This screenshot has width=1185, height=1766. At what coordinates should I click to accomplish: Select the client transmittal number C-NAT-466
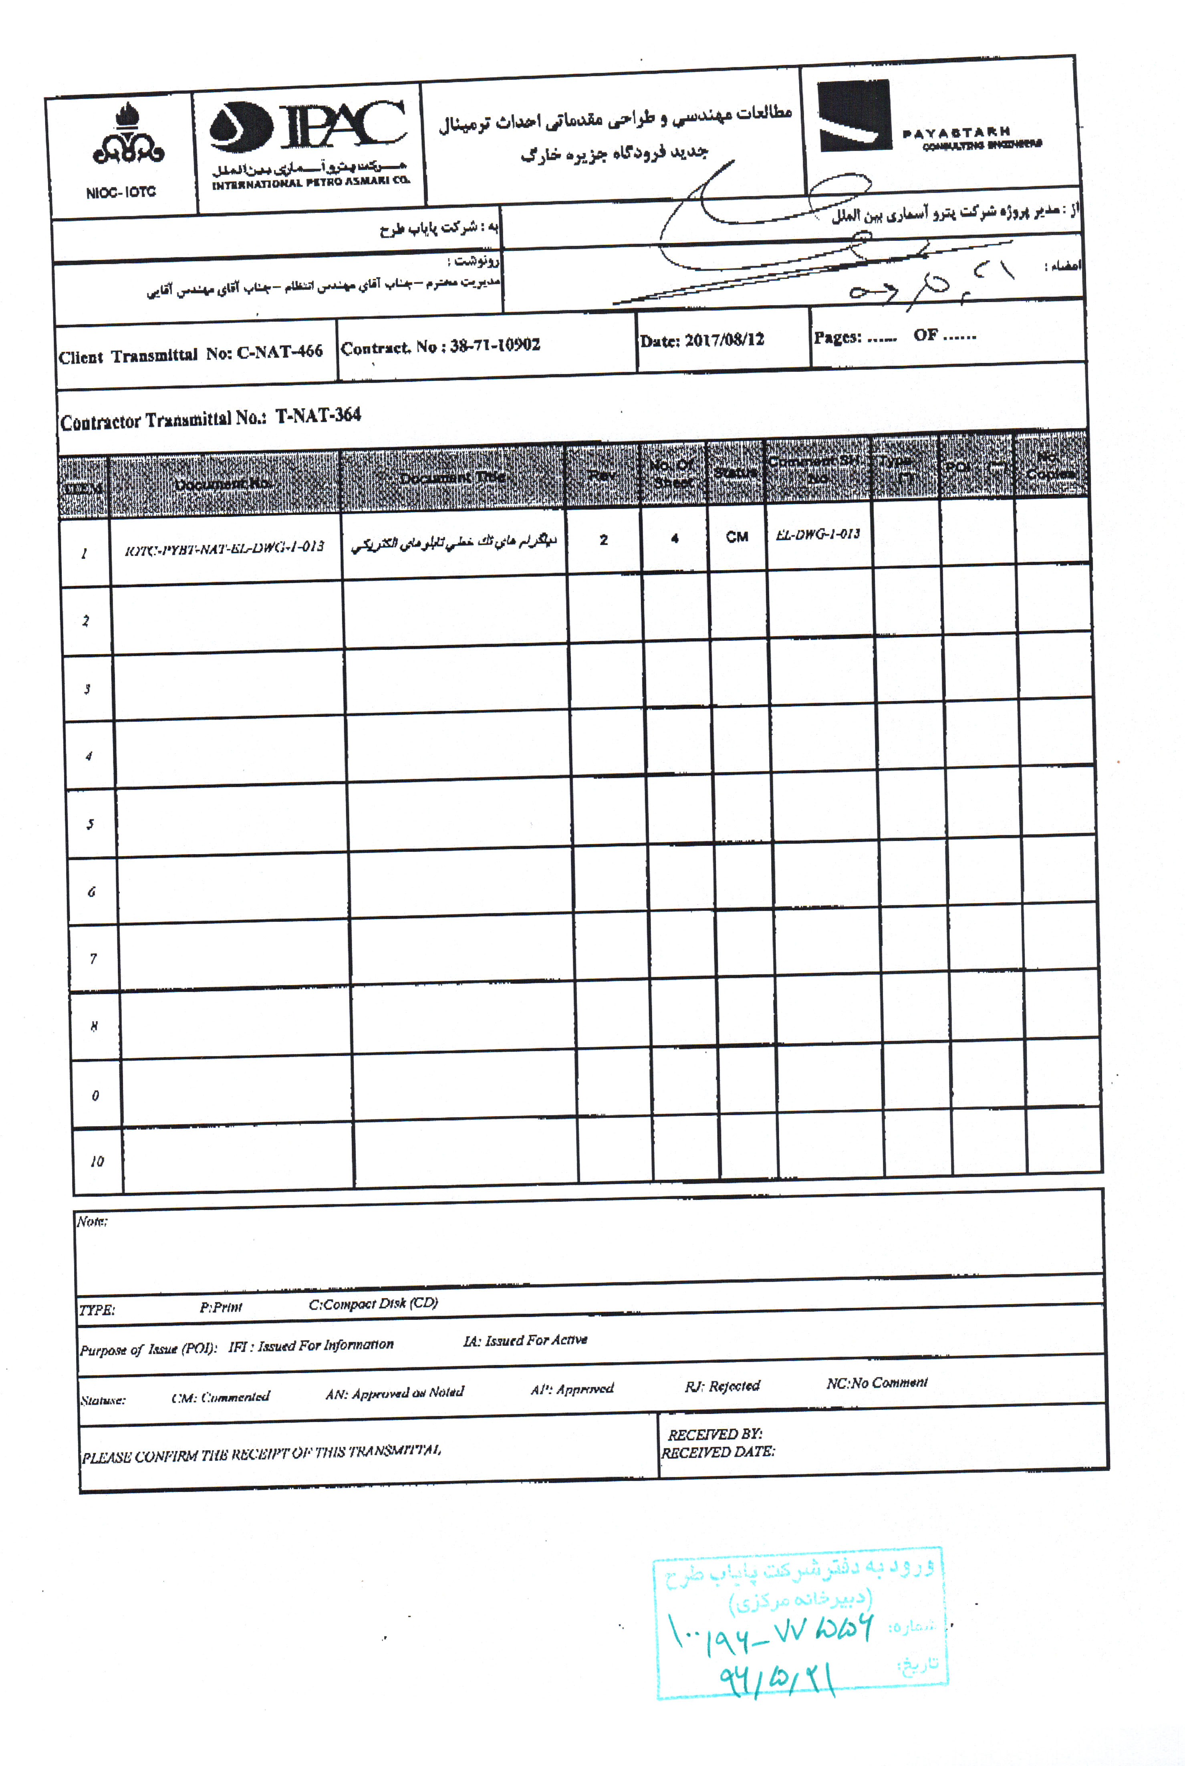tap(280, 351)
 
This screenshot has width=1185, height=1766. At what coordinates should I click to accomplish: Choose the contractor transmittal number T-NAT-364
tap(318, 415)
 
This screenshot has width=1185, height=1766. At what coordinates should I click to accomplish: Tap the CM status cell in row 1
tap(737, 537)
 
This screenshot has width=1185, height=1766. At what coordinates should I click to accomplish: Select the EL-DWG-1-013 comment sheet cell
tap(818, 534)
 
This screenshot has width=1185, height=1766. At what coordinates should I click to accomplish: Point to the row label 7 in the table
tap(93, 959)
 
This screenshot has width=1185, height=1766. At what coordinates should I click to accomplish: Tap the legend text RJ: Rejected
tap(722, 1386)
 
